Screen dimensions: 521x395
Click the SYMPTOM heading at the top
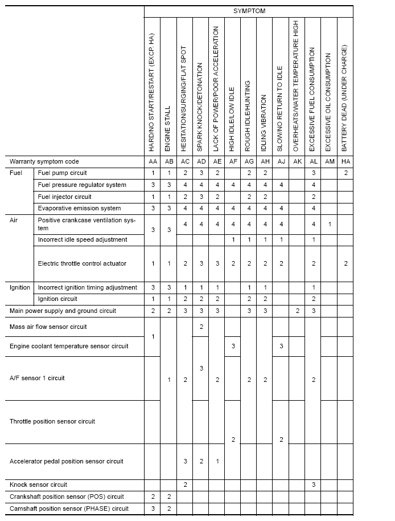pyautogui.click(x=249, y=11)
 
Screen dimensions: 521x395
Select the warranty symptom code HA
pyautogui.click(x=345, y=161)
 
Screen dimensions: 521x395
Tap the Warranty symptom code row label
pyautogui.click(x=44, y=161)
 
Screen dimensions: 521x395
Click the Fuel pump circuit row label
pyautogui.click(x=62, y=173)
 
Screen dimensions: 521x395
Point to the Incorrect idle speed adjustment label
pyautogui.click(x=82, y=239)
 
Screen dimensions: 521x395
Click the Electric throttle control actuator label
pyautogui.click(x=82, y=263)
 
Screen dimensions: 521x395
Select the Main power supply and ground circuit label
pyautogui.click(x=63, y=311)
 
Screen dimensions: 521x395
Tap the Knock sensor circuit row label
pyautogui.click(x=38, y=485)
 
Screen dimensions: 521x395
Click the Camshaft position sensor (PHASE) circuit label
pyautogui.click(x=69, y=508)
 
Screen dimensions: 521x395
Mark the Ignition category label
pyautogui.click(x=20, y=287)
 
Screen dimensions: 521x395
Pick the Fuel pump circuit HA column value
pyautogui.click(x=345, y=173)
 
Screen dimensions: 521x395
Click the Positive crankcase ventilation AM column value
pyautogui.click(x=329, y=224)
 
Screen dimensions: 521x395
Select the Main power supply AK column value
pyautogui.click(x=297, y=311)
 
